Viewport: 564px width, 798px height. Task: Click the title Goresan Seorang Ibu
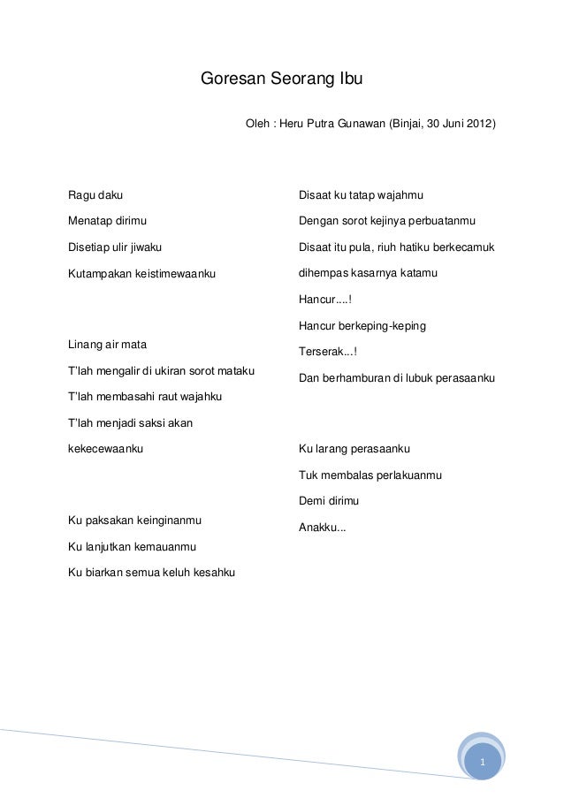pos(282,79)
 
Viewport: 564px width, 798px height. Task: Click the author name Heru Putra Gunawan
pos(332,123)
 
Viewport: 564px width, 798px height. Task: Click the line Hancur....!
pos(325,300)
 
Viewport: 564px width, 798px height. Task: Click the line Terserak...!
pos(328,352)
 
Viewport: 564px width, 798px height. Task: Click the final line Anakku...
pos(323,528)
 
